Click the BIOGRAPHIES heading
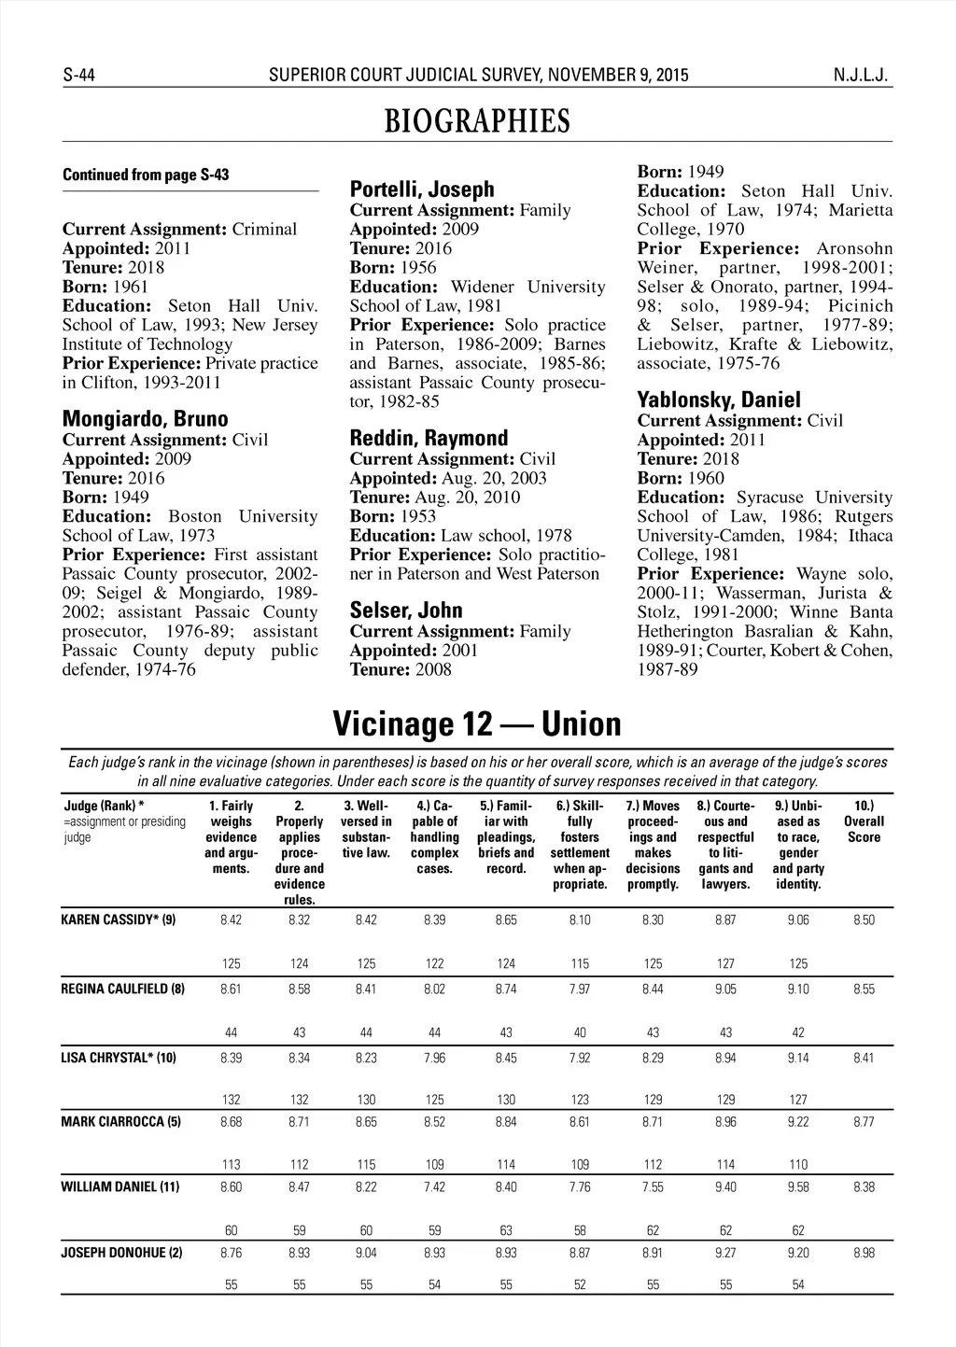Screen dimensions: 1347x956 click(x=477, y=121)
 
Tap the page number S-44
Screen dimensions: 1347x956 click(x=80, y=76)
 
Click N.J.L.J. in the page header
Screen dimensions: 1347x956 click(x=863, y=76)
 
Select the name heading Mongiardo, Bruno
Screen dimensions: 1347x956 click(x=145, y=419)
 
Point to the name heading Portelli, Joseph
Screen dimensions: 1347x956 click(x=421, y=189)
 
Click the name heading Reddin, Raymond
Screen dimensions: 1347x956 click(x=429, y=438)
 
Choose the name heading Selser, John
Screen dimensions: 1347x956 click(x=406, y=610)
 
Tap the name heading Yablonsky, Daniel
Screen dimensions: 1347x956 click(x=719, y=400)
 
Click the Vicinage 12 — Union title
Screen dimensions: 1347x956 click(x=476, y=723)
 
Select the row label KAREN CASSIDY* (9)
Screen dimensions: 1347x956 click(x=118, y=920)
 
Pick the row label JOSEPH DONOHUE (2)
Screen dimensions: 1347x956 click(x=121, y=1253)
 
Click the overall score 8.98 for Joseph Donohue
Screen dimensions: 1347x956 click(x=864, y=1253)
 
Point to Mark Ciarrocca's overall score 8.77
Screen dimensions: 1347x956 click(x=864, y=1122)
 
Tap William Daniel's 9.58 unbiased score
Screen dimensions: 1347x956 click(x=798, y=1187)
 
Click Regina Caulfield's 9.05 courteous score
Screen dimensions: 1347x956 click(x=725, y=989)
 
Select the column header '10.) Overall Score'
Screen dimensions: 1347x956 click(x=864, y=821)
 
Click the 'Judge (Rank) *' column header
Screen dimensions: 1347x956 click(x=104, y=806)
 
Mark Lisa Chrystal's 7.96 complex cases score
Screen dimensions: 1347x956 click(x=434, y=1059)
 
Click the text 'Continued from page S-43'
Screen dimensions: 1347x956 click(x=146, y=175)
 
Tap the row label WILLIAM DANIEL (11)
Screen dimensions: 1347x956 click(x=119, y=1187)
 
